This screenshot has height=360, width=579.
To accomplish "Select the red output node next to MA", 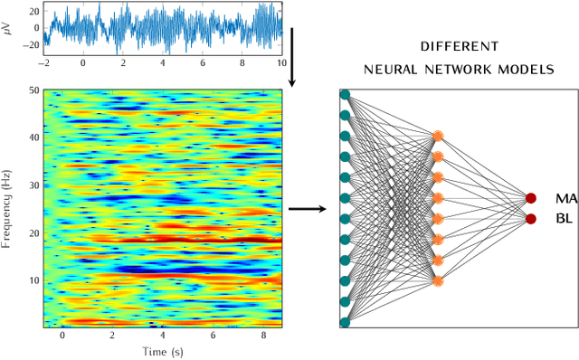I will tap(530, 199).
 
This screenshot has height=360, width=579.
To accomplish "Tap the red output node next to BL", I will tap(530, 218).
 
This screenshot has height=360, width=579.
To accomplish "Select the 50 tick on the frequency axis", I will tap(33, 91).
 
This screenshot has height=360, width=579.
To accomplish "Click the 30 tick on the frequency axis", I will tap(33, 185).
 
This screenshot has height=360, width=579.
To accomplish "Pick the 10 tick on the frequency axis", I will tap(33, 279).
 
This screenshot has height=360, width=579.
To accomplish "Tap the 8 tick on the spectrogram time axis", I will tap(263, 336).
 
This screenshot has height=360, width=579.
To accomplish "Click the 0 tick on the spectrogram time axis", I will tap(62, 336).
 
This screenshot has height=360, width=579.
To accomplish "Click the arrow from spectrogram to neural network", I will tap(308, 210).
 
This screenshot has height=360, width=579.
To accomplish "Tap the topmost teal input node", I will tap(345, 94).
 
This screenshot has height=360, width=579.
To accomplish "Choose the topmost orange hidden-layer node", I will tap(437, 136).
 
